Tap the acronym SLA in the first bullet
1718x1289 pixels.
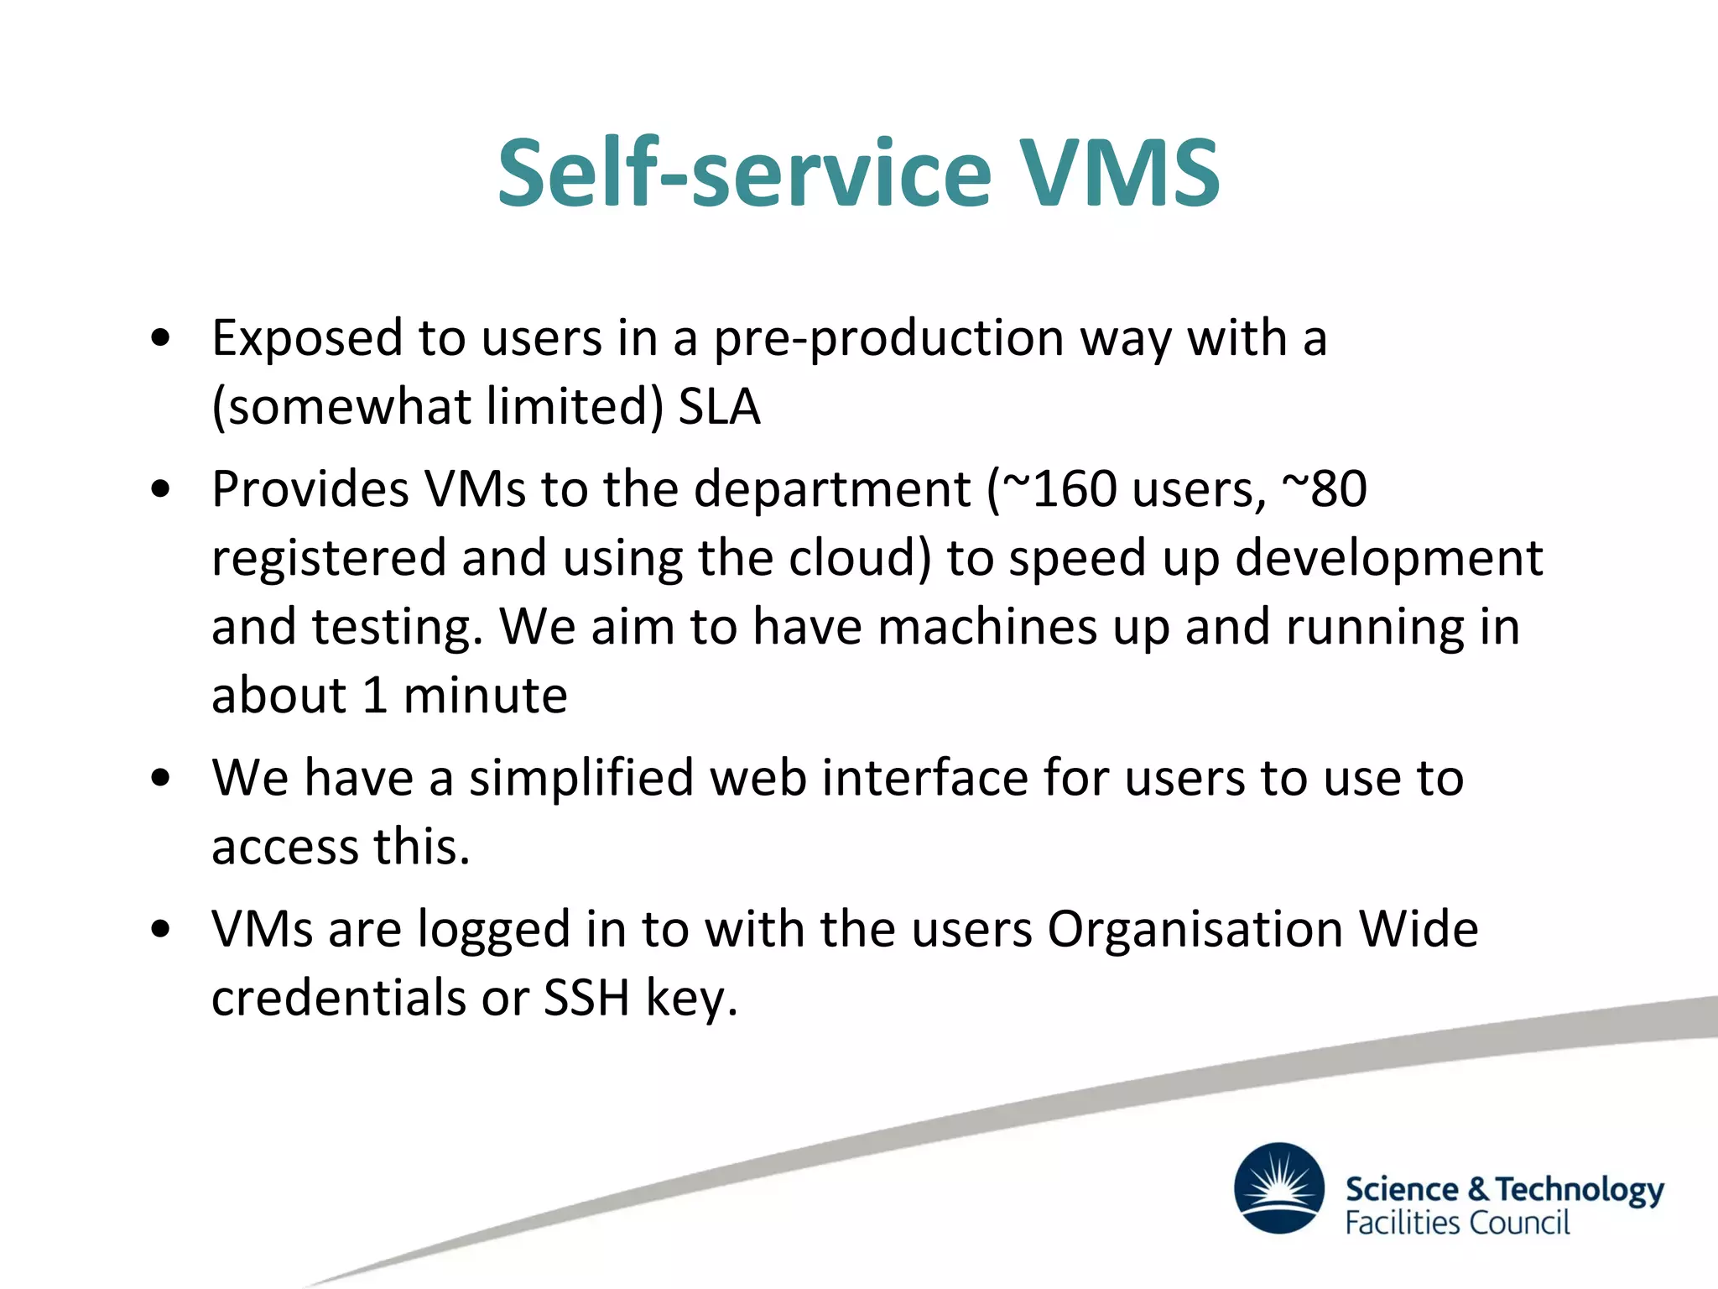tap(719, 407)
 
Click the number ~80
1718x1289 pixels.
tap(1325, 488)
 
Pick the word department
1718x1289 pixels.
tap(832, 489)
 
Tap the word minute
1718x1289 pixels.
tap(485, 696)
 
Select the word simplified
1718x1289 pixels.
tap(581, 778)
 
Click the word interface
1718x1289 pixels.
tap(924, 778)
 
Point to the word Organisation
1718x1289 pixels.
tap(1195, 930)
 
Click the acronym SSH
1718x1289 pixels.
tap(586, 999)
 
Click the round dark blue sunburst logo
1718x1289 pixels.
tap(1278, 1187)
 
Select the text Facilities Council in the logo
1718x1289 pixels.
tap(1457, 1223)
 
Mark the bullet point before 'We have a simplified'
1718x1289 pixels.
tap(160, 778)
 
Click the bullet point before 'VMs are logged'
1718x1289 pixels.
tap(160, 930)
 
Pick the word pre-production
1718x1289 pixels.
tap(888, 338)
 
